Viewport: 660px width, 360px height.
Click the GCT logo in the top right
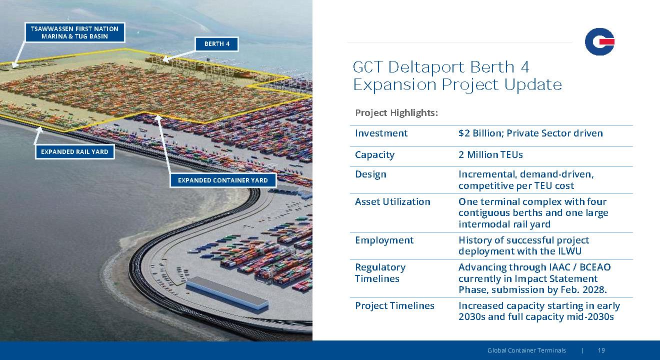[599, 41]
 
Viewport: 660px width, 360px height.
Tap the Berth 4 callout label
[217, 44]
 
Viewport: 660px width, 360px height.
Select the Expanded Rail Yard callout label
[74, 151]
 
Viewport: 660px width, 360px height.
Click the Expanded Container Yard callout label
[223, 180]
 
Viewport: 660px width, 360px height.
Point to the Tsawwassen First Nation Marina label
[74, 32]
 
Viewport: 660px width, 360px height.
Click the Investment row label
[381, 133]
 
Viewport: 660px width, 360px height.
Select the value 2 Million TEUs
[490, 154]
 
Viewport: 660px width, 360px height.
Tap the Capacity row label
[374, 155]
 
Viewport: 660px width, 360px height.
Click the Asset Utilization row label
[392, 202]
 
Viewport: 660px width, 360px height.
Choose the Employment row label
[384, 240]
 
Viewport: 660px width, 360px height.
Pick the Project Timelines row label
[394, 306]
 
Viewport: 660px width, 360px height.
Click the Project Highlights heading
[396, 113]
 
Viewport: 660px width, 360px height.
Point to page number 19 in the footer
[601, 350]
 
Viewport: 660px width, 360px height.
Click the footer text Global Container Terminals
[526, 350]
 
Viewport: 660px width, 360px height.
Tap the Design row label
[370, 174]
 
